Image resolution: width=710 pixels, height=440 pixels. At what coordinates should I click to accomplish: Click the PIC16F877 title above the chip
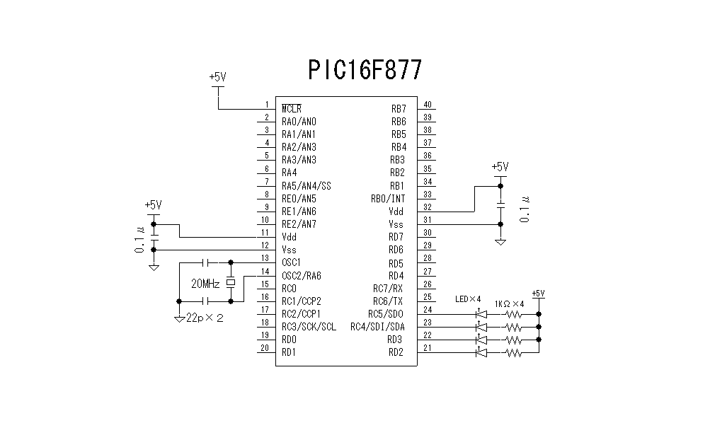tap(365, 69)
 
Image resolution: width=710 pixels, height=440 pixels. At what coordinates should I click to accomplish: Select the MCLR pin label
tap(291, 109)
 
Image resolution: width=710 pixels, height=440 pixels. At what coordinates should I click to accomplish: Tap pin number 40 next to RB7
tap(427, 105)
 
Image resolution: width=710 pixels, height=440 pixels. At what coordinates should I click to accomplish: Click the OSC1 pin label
tap(291, 262)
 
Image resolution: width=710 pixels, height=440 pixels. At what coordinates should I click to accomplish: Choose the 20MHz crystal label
tap(205, 284)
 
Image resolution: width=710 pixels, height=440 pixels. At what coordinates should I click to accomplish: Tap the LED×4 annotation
tap(468, 299)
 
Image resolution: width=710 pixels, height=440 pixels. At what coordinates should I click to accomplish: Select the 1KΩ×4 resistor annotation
tap(509, 303)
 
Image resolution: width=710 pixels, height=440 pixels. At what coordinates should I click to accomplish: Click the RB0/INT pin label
tap(388, 198)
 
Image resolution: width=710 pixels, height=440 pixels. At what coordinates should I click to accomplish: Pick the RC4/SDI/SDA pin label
tap(378, 326)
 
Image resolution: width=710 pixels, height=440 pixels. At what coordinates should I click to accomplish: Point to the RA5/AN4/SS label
tap(306, 185)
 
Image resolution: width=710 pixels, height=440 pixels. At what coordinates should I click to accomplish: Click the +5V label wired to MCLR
tap(217, 76)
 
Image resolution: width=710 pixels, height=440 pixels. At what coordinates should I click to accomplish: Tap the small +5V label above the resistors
tap(538, 294)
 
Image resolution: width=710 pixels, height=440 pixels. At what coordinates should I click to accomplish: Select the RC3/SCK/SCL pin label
tap(309, 326)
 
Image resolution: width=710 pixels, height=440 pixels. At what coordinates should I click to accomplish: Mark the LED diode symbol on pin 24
tap(482, 313)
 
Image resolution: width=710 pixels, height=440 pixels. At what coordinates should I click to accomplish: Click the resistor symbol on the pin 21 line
tap(512, 352)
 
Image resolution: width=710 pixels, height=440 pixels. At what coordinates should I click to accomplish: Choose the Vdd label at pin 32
tap(396, 211)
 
